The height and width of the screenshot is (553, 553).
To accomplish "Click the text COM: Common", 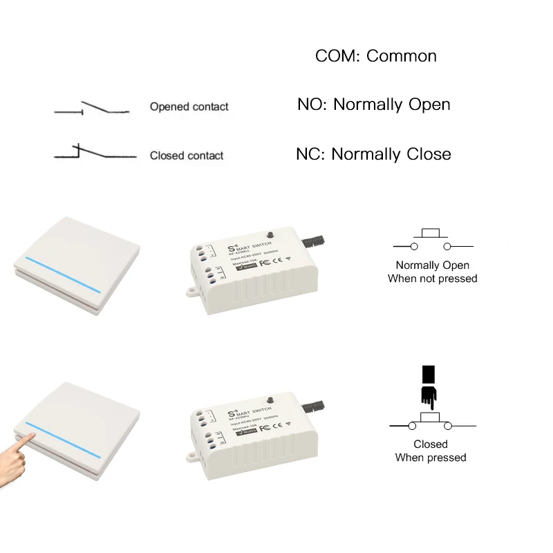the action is (375, 56).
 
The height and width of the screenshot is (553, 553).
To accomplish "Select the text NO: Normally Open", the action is (373, 104).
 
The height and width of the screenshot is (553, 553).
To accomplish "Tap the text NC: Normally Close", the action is (373, 153).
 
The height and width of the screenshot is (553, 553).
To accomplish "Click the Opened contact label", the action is (189, 106).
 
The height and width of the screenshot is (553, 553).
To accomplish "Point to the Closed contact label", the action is (187, 156).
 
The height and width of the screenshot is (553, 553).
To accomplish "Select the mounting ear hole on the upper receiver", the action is (190, 292).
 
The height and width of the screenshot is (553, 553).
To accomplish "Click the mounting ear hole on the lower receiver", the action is (190, 458).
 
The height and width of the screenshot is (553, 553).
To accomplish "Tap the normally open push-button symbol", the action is (433, 241).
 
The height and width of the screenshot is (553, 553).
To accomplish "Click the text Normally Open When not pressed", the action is (432, 272).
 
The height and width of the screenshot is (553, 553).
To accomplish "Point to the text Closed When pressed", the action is (431, 451).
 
